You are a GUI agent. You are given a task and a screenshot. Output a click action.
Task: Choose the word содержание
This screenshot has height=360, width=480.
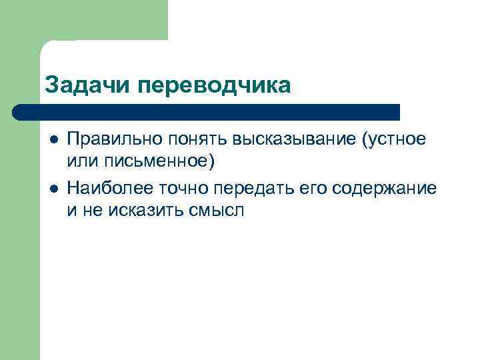click(x=379, y=189)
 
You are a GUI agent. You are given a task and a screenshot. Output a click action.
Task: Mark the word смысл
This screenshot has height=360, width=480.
click(x=221, y=211)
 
